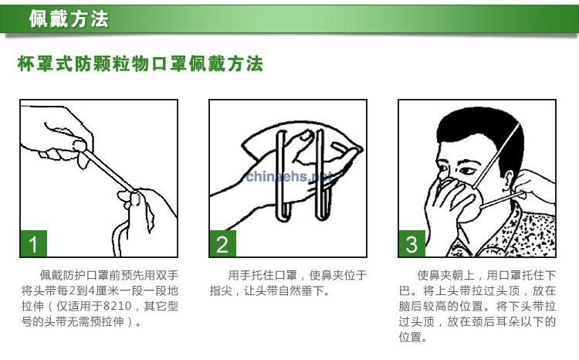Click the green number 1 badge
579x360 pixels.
(x=34, y=243)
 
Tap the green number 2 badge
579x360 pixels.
(x=222, y=243)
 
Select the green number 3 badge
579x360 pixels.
(x=411, y=243)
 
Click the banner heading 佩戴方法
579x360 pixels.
(x=69, y=19)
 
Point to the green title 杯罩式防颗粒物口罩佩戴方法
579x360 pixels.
(x=141, y=63)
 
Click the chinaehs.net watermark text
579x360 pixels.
(x=288, y=176)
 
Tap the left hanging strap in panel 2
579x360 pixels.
(x=283, y=175)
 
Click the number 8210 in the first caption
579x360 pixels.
(x=117, y=306)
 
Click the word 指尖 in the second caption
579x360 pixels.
(x=222, y=290)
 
